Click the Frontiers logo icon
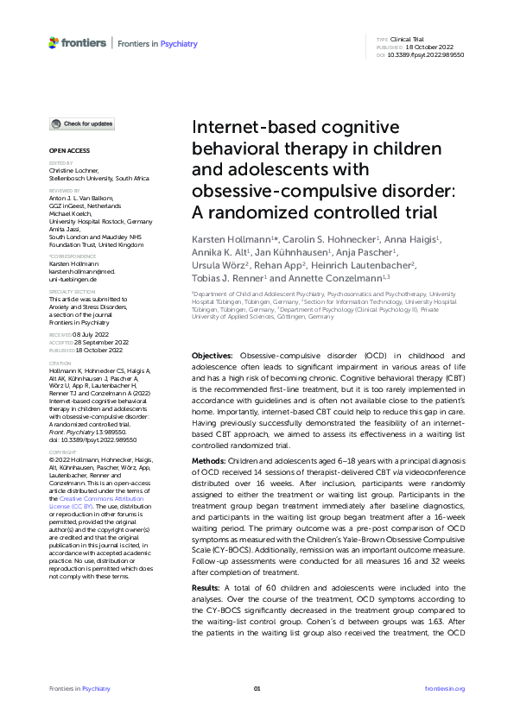[54, 41]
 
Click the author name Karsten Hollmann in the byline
[226, 237]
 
